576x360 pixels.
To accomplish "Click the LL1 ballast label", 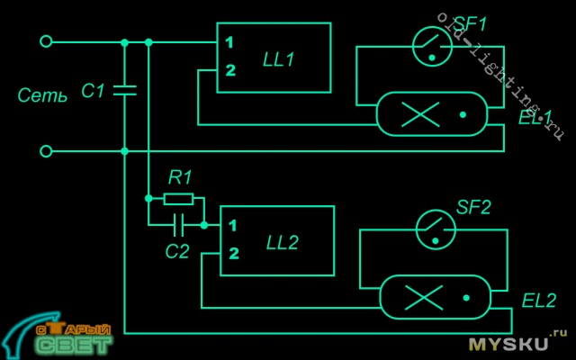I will (278, 59).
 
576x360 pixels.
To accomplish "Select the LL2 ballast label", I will (282, 242).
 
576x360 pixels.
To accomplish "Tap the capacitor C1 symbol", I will (124, 90).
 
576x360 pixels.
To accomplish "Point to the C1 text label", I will (93, 91).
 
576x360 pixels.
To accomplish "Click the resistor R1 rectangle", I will (178, 199).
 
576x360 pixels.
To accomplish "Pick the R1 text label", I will (180, 177).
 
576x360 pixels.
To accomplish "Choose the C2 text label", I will (177, 251).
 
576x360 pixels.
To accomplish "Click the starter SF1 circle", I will (432, 47).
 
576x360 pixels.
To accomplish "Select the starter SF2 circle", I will (436, 230).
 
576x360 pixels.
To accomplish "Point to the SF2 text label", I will (473, 207).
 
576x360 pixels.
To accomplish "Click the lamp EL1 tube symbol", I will (431, 114).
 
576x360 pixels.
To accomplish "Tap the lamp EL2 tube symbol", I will (435, 297).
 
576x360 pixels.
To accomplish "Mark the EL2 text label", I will (538, 300).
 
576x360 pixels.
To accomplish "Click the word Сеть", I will (42, 95).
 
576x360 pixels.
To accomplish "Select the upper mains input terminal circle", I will (46, 41).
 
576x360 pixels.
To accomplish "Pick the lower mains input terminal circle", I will (46, 151).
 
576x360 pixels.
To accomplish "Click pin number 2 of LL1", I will (230, 69).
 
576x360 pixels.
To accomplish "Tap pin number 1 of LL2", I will (233, 225).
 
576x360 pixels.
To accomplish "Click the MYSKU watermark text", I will (508, 343).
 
